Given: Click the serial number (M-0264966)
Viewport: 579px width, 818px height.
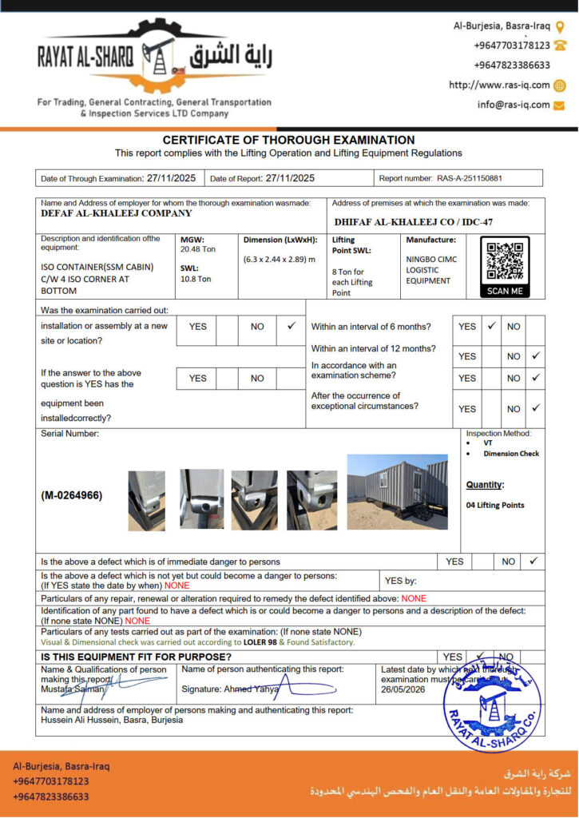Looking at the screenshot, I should (x=72, y=495).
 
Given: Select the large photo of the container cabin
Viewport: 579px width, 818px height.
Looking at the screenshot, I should (x=398, y=491).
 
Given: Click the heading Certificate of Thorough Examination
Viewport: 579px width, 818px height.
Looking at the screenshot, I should (x=288, y=140).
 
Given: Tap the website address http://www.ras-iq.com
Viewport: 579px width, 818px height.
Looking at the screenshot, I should (x=499, y=85).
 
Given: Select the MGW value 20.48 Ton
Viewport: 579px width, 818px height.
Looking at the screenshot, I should (x=196, y=249).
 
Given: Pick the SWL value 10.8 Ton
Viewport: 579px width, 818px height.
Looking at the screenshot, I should (x=196, y=279).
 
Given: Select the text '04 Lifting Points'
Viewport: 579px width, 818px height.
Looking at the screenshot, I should (x=495, y=505).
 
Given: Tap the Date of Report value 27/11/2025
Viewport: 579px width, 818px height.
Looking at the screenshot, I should (x=290, y=178).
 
